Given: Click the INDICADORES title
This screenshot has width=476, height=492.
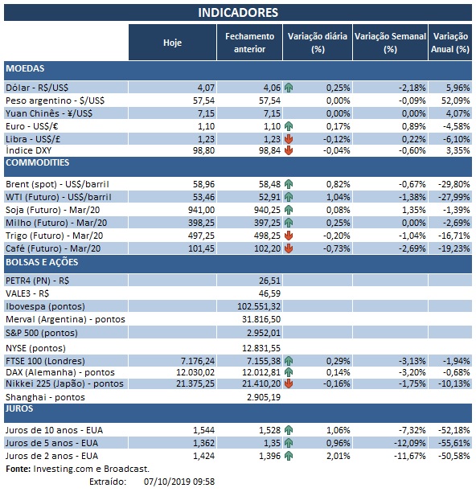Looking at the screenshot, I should pos(238,13).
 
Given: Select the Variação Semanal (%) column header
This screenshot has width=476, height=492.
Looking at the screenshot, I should pos(390,43).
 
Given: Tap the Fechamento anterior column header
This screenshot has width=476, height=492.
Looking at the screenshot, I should pos(249,43).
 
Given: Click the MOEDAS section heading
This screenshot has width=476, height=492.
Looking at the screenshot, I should pos(25,69).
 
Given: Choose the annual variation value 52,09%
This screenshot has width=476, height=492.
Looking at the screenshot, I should pos(453,100).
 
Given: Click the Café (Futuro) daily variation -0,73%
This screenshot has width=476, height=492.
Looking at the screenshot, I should pos(335,248).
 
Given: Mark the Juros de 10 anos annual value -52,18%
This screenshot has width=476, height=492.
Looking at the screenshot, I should pos(452,431).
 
